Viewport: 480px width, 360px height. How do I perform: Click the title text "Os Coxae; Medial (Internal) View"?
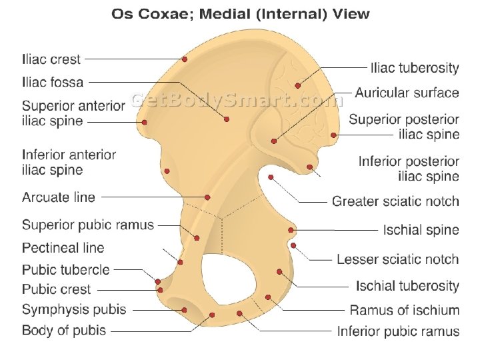click(x=240, y=14)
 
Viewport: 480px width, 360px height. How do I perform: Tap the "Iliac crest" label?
click(x=51, y=59)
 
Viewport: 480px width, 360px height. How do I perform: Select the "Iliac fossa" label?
click(x=53, y=83)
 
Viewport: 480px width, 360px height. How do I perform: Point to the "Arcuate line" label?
click(x=59, y=197)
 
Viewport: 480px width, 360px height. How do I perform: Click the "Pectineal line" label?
click(x=63, y=248)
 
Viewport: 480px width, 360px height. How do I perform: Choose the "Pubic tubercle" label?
click(x=65, y=270)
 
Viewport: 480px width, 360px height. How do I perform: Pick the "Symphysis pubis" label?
click(x=74, y=310)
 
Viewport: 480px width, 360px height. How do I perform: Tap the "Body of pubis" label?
click(x=64, y=330)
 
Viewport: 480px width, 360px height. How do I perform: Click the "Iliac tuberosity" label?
click(x=415, y=68)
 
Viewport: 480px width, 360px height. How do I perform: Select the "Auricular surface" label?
click(x=407, y=93)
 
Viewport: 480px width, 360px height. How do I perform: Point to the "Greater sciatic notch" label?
click(x=395, y=201)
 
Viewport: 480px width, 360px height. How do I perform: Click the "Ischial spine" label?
click(x=421, y=230)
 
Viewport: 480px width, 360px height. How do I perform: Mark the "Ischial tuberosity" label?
click(x=407, y=286)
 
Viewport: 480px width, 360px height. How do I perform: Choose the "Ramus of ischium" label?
click(x=404, y=310)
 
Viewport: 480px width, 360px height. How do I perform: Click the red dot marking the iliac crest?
click(x=185, y=59)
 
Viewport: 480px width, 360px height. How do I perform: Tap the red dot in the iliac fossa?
click(x=227, y=119)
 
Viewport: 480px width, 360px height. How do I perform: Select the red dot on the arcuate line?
click(x=208, y=197)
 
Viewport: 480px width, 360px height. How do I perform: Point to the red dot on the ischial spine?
click(x=291, y=230)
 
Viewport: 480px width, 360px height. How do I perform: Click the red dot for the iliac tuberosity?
click(x=298, y=85)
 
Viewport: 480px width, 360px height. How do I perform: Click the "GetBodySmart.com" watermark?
click(x=237, y=100)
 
